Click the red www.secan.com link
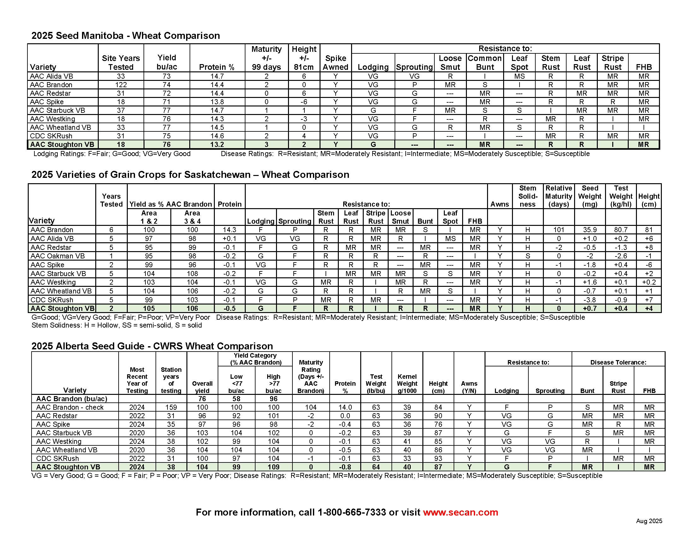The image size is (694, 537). pyautogui.click(x=460, y=512)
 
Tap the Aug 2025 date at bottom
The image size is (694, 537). pyautogui.click(x=649, y=521)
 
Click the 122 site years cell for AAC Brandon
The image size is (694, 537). pyautogui.click(x=121, y=85)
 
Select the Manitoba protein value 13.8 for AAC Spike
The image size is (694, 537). pyautogui.click(x=217, y=102)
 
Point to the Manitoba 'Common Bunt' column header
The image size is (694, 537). pyautogui.click(x=485, y=63)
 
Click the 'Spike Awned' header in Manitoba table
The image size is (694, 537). pyautogui.click(x=336, y=63)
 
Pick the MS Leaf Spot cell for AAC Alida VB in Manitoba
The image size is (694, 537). pyautogui.click(x=519, y=76)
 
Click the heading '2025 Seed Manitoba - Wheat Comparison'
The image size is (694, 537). pyautogui.click(x=126, y=35)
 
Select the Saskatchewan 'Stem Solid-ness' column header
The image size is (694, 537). pyautogui.click(x=527, y=196)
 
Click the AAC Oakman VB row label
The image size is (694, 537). pyautogui.click(x=57, y=256)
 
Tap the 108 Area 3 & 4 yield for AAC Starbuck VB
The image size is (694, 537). pyautogui.click(x=192, y=274)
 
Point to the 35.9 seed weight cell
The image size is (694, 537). pyautogui.click(x=590, y=230)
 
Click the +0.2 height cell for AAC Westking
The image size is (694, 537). pyautogui.click(x=649, y=282)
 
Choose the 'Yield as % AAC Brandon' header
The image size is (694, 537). pyautogui.click(x=171, y=204)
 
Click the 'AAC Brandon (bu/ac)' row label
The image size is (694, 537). pyautogui.click(x=72, y=399)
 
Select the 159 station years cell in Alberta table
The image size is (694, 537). pyautogui.click(x=171, y=407)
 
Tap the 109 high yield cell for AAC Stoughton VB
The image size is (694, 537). pyautogui.click(x=273, y=467)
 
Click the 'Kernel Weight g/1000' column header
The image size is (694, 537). pyautogui.click(x=407, y=383)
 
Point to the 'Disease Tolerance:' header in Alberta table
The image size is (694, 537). pyautogui.click(x=618, y=362)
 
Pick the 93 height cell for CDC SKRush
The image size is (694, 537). pyautogui.click(x=438, y=458)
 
